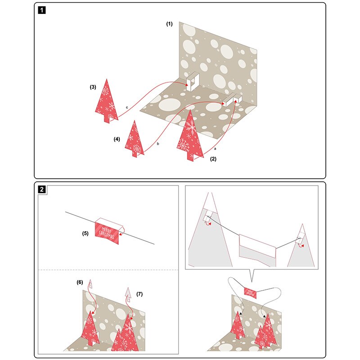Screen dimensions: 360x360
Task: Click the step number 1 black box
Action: point(42,10)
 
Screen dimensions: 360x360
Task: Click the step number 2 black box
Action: point(42,189)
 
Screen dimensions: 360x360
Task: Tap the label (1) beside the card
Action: point(170,24)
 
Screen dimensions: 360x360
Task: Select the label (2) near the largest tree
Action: point(213,159)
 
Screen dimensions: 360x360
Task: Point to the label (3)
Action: point(93,87)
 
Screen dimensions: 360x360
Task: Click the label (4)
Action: point(117,139)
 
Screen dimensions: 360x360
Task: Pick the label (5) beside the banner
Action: point(85,234)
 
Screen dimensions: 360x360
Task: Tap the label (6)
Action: point(80,282)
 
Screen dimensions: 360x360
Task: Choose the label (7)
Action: point(139,294)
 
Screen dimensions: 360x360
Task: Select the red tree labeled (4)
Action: point(135,140)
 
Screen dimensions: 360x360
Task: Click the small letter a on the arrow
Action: point(215,149)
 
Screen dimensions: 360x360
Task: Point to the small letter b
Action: point(158,144)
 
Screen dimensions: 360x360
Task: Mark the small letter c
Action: point(127,108)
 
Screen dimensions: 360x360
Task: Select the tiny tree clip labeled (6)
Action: point(90,284)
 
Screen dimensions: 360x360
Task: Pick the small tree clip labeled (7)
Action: point(128,295)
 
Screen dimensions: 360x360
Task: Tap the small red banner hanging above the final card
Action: point(250,293)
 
